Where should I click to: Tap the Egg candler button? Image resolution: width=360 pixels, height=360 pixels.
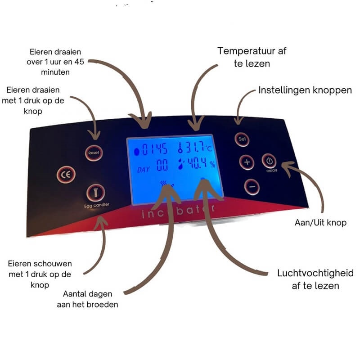94,192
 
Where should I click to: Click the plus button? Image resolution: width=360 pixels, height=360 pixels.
247,162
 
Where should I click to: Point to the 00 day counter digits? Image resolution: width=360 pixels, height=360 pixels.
162,166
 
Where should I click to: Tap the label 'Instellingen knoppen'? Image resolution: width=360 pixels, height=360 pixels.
305,90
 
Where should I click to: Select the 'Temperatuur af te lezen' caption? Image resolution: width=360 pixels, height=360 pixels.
252,57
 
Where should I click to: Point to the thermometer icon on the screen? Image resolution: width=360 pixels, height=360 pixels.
181,148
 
